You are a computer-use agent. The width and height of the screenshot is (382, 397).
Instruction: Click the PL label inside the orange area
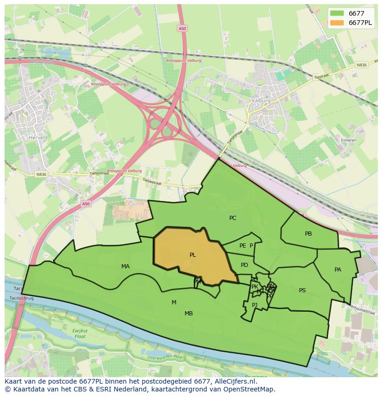click(192, 255)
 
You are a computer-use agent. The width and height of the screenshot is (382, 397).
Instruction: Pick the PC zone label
click(233, 218)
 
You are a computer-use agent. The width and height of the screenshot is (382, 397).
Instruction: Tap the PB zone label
click(308, 234)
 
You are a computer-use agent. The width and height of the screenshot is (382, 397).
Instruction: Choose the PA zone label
click(338, 270)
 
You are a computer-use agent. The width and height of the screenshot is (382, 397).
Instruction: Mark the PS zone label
click(302, 290)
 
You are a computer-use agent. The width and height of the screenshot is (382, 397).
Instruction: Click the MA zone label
click(125, 267)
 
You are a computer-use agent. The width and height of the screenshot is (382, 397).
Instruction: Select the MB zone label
click(189, 314)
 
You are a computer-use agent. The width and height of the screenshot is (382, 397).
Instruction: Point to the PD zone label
click(245, 265)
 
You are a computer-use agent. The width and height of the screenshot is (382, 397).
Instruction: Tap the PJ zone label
click(255, 305)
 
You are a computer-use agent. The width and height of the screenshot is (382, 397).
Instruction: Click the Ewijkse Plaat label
click(79, 334)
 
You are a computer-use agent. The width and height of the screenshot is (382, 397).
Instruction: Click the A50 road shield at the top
click(183, 28)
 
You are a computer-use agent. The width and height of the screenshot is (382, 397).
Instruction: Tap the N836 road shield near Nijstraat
click(361, 65)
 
